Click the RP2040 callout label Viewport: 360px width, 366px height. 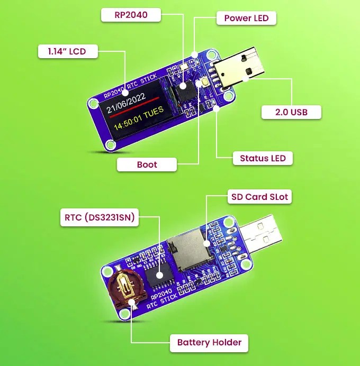click(131, 16)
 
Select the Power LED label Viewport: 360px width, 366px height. click(246, 18)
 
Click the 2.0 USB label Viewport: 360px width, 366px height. click(291, 112)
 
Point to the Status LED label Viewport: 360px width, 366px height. click(263, 158)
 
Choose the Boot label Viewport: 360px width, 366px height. click(147, 164)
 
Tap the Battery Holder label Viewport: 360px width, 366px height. click(209, 342)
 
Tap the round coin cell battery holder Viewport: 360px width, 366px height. click(125, 289)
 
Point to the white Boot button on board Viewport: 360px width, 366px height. click(202, 84)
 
